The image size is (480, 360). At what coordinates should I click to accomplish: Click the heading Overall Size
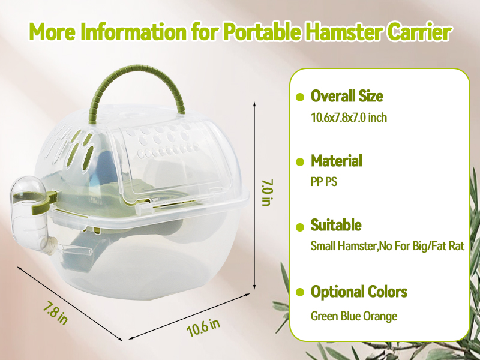point(346,96)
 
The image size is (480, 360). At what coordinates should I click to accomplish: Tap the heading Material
point(336,161)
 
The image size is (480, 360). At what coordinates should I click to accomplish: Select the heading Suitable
point(335,226)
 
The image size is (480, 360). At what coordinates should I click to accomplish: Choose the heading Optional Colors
point(358,292)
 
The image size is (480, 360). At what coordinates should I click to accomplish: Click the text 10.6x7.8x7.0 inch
point(349,118)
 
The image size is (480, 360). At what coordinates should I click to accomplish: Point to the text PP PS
point(324,182)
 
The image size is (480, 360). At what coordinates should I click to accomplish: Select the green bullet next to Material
point(300,162)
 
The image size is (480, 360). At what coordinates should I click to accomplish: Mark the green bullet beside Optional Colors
point(300,293)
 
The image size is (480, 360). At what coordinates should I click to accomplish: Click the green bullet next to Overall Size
point(300,97)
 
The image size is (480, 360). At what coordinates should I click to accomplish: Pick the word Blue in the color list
point(351,316)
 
